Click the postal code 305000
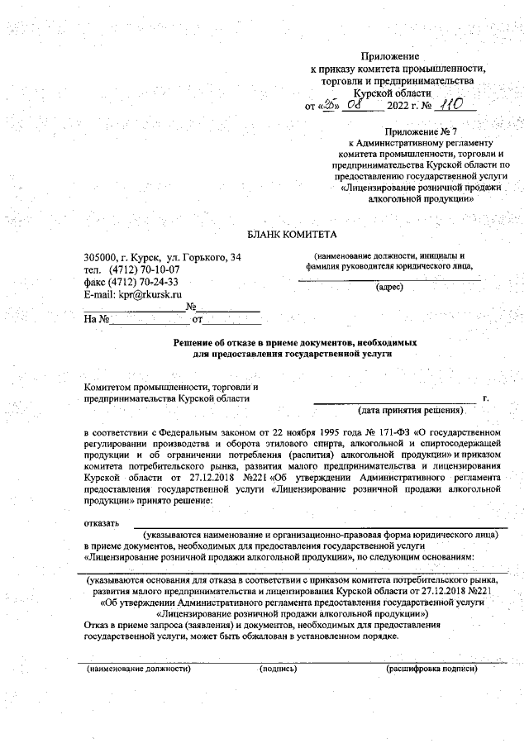100,258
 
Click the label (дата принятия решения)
411,410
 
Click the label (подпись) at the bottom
278,668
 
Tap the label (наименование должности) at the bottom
139,668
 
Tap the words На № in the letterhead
97,318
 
